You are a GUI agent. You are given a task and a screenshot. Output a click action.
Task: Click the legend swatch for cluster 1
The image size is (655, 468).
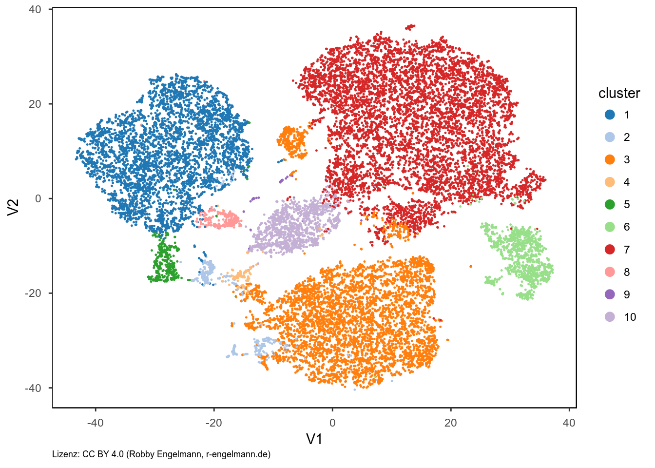pos(610,115)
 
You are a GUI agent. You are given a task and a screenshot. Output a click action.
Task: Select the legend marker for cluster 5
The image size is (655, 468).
pos(610,204)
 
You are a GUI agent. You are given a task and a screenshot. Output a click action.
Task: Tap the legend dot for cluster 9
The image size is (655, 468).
pos(610,294)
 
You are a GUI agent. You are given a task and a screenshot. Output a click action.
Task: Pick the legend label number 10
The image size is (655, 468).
pos(630,317)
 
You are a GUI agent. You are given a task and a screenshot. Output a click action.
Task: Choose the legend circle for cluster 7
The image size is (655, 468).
pos(610,250)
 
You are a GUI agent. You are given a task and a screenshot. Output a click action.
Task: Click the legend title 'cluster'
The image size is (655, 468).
pos(619,93)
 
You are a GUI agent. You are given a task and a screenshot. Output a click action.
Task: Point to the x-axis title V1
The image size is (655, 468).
pos(314,439)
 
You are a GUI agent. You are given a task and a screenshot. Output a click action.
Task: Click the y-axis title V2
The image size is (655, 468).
pos(14,207)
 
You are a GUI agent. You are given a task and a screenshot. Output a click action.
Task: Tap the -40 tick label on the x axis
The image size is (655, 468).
pos(95,423)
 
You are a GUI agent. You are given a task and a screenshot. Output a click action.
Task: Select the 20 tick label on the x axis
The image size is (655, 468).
pos(450,423)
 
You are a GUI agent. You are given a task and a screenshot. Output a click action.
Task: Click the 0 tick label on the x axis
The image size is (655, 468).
pos(332,423)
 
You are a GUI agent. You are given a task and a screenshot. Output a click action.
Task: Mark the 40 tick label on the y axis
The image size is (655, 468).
pos(35,9)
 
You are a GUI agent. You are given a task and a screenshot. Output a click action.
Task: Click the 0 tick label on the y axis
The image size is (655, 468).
pos(38,198)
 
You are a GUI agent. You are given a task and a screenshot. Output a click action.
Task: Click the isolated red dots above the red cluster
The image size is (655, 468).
pos(410,26)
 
